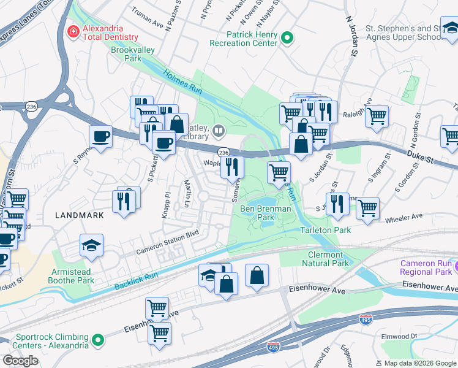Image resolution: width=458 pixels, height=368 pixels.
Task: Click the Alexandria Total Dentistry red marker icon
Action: (73, 31)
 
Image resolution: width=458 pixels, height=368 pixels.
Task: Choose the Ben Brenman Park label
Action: (265, 213)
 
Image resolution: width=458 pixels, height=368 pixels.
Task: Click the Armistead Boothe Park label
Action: (73, 275)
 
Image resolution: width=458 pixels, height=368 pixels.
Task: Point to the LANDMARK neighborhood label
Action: (78, 215)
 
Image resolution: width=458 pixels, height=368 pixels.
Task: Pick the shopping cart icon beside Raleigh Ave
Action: (377, 115)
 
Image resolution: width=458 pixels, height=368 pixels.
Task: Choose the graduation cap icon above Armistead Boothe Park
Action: (91, 246)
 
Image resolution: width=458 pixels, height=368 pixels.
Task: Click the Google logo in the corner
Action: (21, 361)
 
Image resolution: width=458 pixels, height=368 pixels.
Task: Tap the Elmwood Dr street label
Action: (414, 336)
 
